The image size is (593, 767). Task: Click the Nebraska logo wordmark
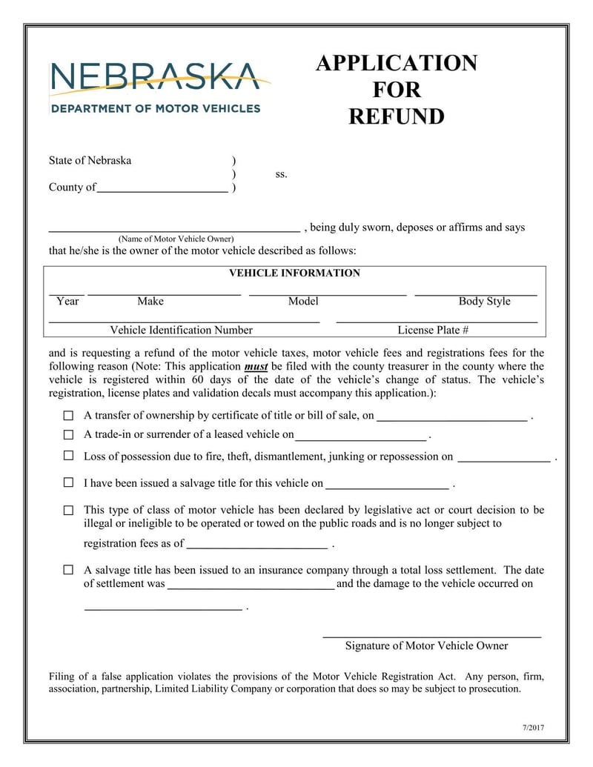[154, 77]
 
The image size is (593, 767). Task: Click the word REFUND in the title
[397, 117]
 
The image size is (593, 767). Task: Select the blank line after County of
[162, 190]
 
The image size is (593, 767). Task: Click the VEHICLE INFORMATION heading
[294, 273]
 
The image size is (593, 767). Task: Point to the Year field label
[67, 302]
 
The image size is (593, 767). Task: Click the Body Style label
[484, 302]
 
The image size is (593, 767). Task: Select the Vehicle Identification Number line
[184, 322]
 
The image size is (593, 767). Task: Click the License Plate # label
[433, 331]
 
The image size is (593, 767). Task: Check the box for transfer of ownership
[68, 416]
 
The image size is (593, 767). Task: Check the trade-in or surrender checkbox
[68, 435]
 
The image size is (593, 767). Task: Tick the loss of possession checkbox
[68, 456]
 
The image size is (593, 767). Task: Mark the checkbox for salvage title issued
[68, 482]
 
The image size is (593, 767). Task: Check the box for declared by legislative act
[68, 510]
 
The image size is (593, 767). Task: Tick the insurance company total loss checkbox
[68, 570]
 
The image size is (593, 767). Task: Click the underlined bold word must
[256, 367]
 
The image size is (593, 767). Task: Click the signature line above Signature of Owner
[431, 636]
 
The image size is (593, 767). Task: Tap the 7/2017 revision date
[533, 727]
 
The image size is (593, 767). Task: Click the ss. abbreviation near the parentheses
[281, 175]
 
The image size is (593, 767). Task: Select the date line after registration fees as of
[256, 548]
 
